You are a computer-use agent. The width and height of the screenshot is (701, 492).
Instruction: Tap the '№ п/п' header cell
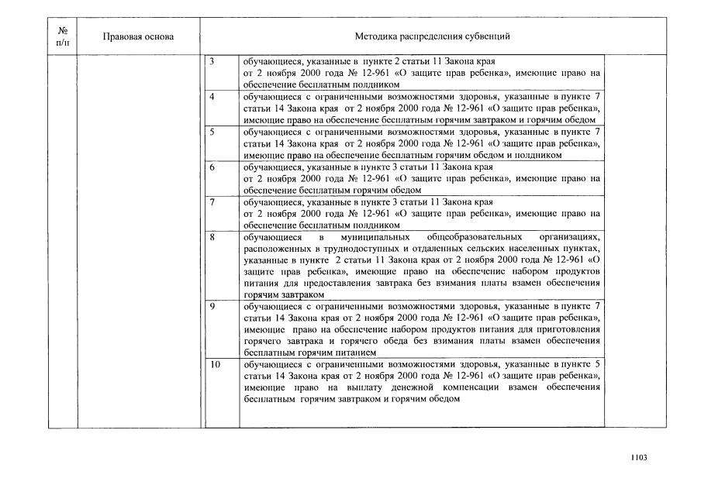click(63, 36)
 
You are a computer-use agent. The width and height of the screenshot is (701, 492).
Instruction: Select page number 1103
click(639, 458)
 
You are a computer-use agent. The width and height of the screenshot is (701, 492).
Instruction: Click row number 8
click(212, 237)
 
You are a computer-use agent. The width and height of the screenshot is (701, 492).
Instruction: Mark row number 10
click(215, 364)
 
